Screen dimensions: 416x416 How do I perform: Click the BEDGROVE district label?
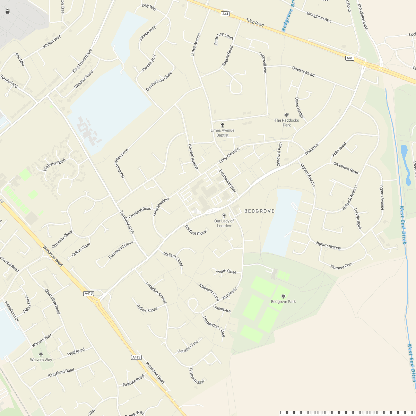pos(259,211)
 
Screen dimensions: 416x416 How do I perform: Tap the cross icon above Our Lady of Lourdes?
pos(224,216)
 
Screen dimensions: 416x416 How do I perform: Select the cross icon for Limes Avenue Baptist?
pos(223,125)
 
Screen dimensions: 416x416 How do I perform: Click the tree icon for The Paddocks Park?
pos(287,115)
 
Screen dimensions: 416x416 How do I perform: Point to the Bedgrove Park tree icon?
pos(284,296)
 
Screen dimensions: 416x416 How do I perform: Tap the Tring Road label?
pos(255,23)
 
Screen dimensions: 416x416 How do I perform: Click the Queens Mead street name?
pos(303,71)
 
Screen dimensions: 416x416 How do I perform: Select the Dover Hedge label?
pos(299,107)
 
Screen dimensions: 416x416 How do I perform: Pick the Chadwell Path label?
pos(279,154)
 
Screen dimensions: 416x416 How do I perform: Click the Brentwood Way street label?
pos(227,181)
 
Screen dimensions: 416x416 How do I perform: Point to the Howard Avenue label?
pos(193,156)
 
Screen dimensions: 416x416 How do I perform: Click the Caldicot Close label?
pos(196,230)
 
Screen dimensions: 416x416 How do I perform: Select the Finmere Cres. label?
pos(342,266)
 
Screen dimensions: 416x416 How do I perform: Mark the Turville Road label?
pos(358,218)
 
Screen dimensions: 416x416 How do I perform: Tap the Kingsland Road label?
pos(61,373)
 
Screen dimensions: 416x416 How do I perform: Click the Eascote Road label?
pos(133,381)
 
